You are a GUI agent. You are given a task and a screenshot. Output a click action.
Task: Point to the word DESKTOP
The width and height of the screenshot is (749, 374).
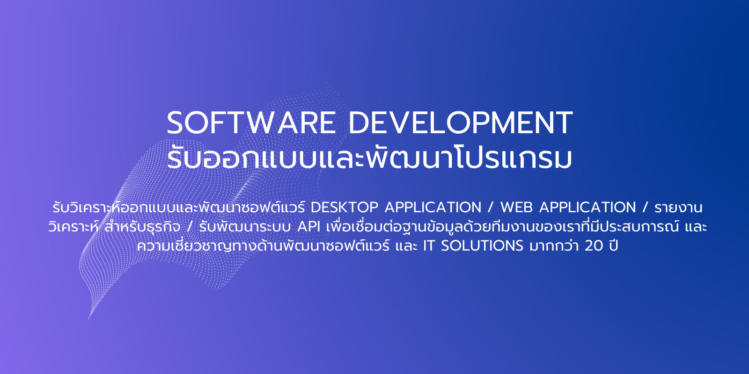[x=345, y=208]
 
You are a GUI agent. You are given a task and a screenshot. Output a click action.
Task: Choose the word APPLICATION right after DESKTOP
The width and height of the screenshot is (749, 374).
[x=433, y=208]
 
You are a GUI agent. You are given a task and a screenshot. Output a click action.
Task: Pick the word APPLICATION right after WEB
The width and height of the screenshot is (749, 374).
[x=587, y=208]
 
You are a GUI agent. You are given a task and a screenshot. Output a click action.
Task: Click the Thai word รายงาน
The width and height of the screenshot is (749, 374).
[x=678, y=208]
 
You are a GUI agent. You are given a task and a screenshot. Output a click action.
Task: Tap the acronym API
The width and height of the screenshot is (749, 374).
[x=309, y=227]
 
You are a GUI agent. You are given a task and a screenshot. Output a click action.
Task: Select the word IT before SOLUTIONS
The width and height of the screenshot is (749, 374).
[x=429, y=246]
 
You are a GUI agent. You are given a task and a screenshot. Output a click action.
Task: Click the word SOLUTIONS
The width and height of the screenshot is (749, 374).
[x=482, y=246]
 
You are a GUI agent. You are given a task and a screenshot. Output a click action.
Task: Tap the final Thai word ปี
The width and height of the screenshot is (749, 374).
[x=613, y=245]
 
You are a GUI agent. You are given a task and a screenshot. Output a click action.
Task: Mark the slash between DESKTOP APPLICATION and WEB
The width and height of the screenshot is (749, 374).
[x=491, y=208]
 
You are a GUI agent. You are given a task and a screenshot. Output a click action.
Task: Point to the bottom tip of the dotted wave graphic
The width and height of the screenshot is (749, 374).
[x=88, y=319]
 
